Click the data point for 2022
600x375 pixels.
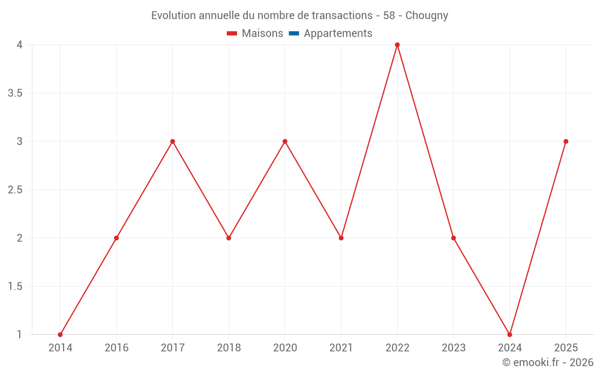coord(397,45)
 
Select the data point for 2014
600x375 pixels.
coord(60,334)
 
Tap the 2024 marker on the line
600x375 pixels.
coord(509,334)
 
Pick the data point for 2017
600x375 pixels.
coord(173,141)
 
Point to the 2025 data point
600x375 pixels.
coord(566,141)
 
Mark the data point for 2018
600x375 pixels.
coord(229,238)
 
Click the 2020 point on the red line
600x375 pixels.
coord(285,141)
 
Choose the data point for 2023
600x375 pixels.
coord(454,238)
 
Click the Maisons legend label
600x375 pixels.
coord(263,33)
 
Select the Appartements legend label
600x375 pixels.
coord(338,34)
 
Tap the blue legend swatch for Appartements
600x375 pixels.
coord(294,33)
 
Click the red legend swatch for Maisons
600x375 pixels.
coord(232,33)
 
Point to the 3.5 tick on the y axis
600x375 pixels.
coord(15,93)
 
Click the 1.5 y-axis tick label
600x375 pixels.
coord(15,286)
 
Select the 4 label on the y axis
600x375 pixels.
coord(20,45)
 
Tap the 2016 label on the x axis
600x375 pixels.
coord(117,347)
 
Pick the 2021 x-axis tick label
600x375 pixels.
coord(341,347)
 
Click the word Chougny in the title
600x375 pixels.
coord(427,16)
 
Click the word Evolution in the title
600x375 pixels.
coord(174,16)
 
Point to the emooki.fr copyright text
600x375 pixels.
coord(548,362)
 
